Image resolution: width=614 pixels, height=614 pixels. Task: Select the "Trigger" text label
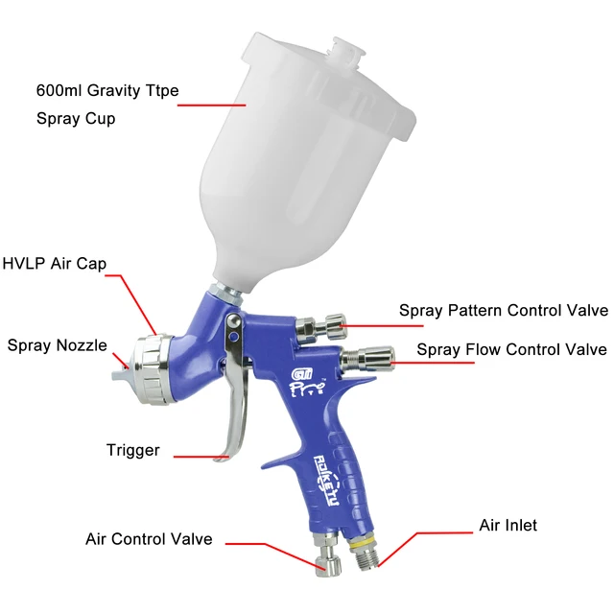(132, 450)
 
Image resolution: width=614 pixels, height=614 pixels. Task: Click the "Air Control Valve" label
(149, 539)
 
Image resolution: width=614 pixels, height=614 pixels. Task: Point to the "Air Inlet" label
(508, 526)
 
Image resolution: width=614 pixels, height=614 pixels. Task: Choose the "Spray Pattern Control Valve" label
(503, 311)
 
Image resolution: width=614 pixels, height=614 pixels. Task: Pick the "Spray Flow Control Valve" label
(511, 349)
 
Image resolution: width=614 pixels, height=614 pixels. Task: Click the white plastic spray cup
(288, 153)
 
